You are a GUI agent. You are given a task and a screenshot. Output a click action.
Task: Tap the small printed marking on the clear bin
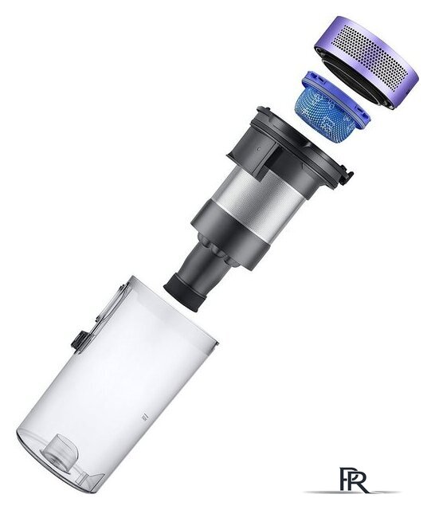coord(143,418)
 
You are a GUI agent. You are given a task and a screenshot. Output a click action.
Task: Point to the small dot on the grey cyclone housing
coord(258,148)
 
